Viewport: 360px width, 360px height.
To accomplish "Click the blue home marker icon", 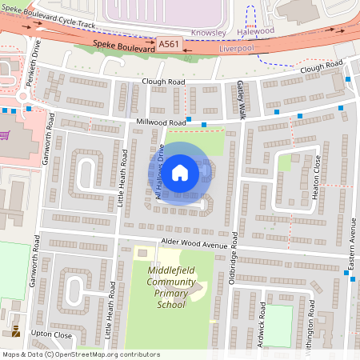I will (x=180, y=172).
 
